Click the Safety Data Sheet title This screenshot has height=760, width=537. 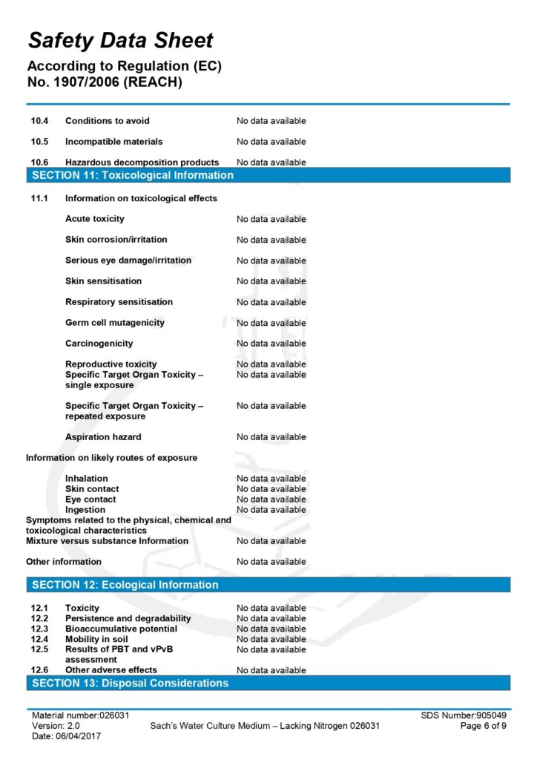121,40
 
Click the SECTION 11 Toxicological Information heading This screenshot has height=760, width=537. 133,176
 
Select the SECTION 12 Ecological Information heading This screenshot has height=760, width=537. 125,585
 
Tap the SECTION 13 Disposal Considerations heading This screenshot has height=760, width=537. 130,683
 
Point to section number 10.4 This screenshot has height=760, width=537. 39,121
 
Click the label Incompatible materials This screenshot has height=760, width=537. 113,142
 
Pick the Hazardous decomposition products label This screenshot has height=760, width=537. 142,163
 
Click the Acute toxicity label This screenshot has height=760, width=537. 95,219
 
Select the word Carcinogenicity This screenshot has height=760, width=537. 99,344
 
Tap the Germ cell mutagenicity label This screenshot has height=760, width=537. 115,323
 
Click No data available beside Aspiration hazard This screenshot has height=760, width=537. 271,437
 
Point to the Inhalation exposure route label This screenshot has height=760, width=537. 86,479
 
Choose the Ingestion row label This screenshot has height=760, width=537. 85,510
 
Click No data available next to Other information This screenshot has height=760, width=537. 271,562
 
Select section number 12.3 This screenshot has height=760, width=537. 39,629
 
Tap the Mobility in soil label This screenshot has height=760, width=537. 96,639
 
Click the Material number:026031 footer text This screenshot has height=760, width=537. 81,715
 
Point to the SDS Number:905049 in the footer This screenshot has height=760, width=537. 464,715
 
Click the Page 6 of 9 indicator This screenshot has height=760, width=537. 484,726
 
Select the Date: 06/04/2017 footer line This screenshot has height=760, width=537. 66,736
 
